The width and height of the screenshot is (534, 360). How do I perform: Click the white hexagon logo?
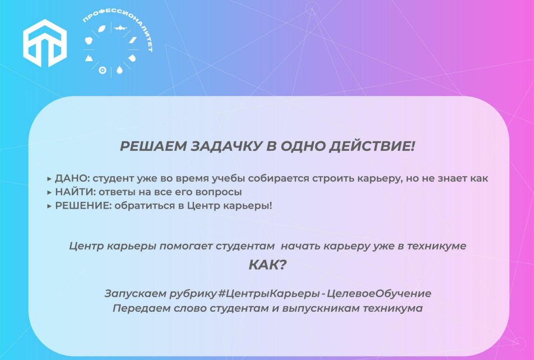pyautogui.click(x=45, y=43)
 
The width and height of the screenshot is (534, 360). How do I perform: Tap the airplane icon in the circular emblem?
pyautogui.click(x=120, y=27)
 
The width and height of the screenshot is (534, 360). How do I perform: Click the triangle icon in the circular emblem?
pyautogui.click(x=89, y=58)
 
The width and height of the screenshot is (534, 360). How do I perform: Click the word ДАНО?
pyautogui.click(x=72, y=178)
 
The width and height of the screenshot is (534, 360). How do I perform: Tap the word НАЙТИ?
pyautogui.click(x=75, y=192)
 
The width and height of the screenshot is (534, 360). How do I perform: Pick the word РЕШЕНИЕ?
pyautogui.click(x=83, y=206)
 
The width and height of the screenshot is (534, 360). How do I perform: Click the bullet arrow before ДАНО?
pyautogui.click(x=49, y=179)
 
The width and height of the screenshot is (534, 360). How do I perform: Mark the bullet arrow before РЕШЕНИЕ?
pyautogui.click(x=49, y=206)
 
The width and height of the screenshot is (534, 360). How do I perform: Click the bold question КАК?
pyautogui.click(x=268, y=265)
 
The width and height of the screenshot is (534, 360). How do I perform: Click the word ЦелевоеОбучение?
pyautogui.click(x=379, y=293)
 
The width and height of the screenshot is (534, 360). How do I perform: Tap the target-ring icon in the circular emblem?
pyautogui.click(x=102, y=70)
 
